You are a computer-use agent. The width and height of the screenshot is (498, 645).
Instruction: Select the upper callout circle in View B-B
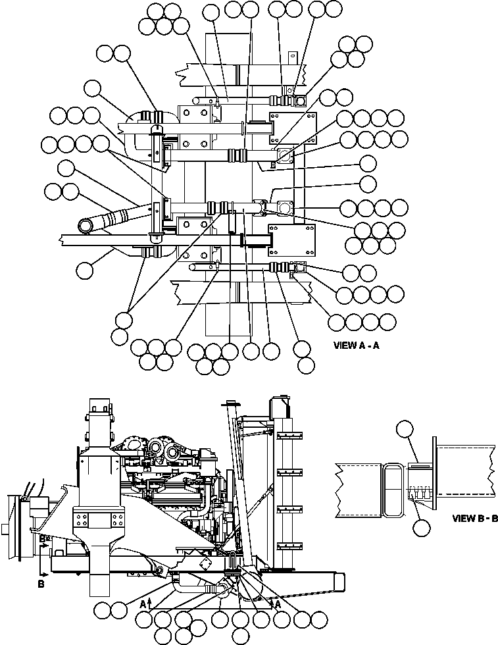pyautogui.click(x=405, y=430)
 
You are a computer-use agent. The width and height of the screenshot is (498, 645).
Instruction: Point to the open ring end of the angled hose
pyautogui.click(x=86, y=226)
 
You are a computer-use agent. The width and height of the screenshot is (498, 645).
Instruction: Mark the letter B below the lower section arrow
pyautogui.click(x=41, y=584)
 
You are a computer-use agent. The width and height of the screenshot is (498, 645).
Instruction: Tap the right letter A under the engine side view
pyautogui.click(x=278, y=602)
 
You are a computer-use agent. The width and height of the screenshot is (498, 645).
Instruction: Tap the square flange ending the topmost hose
pyautogui.click(x=301, y=101)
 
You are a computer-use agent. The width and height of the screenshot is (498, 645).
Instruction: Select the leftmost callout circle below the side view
pyautogui.click(x=102, y=610)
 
